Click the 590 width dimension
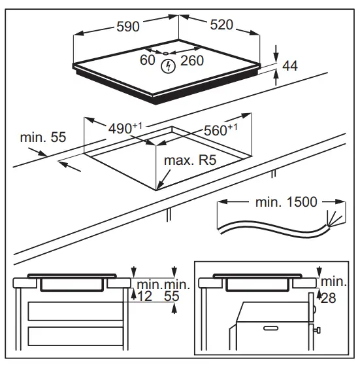(128, 26)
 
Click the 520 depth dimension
(221, 25)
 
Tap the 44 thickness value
(290, 66)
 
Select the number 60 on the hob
(148, 60)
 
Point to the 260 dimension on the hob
(192, 61)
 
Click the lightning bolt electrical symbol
(168, 66)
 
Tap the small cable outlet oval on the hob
(166, 54)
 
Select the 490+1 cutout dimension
(125, 128)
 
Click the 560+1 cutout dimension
(221, 130)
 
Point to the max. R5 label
(190, 160)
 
